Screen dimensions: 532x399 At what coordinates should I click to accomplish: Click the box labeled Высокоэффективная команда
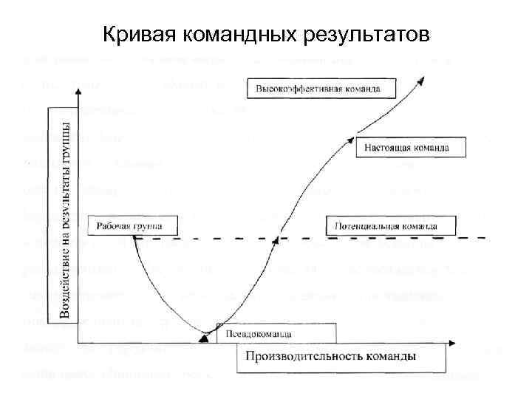[318, 89]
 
